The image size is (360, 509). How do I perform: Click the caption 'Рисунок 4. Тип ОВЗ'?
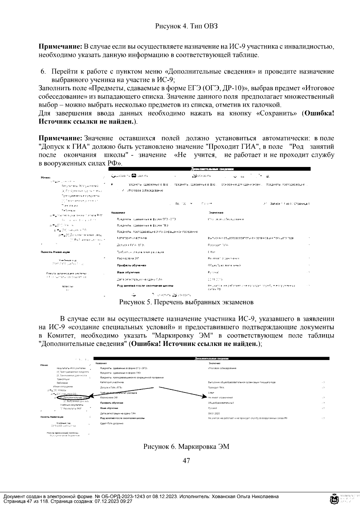click(186, 26)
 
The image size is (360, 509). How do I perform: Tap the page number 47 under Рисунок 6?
click(186, 460)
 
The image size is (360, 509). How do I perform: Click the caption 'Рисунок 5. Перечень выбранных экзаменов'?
click(186, 302)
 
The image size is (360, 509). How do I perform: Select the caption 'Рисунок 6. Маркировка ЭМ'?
click(186, 447)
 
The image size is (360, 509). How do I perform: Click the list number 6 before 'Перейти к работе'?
click(43, 72)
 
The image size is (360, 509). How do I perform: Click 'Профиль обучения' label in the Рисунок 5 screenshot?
click(131, 265)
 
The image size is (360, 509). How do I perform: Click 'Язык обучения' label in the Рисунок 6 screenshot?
click(109, 408)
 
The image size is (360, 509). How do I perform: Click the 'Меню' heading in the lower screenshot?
click(44, 365)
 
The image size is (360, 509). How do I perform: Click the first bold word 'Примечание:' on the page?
click(60, 46)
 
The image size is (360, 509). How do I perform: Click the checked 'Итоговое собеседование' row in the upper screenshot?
click(145, 191)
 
